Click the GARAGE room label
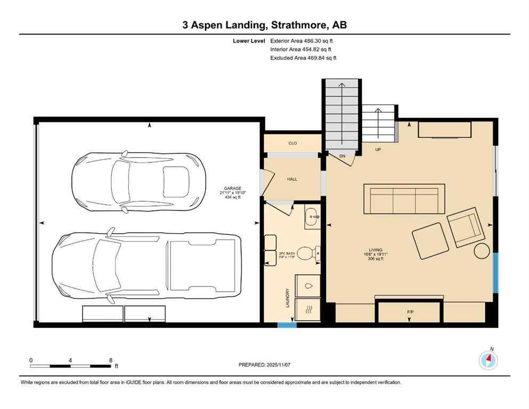(233, 189)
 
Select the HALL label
(292, 179)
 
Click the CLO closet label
(292, 143)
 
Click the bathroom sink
(312, 217)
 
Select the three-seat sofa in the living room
(404, 199)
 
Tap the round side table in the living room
(482, 250)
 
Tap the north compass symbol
(488, 361)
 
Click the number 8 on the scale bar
(110, 360)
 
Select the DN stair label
(343, 156)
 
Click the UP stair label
(378, 150)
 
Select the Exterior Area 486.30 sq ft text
(302, 40)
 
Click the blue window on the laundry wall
(287, 324)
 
